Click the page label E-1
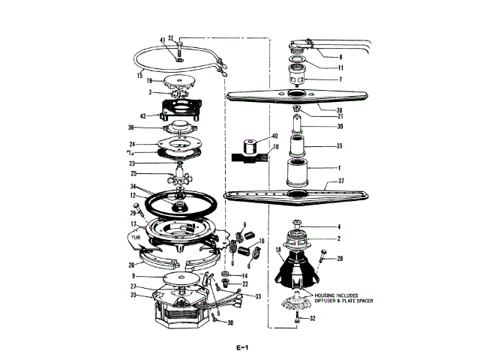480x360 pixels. click(240, 346)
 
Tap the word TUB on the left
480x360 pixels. click(135, 236)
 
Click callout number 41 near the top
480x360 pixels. click(162, 39)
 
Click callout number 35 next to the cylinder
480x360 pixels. click(338, 147)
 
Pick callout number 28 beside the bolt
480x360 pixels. click(339, 259)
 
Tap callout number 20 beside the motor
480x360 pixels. click(133, 295)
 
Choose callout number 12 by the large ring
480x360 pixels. click(132, 196)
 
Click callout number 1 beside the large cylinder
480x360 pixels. click(338, 168)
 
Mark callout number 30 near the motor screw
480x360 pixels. click(231, 323)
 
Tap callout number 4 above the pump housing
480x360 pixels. click(338, 226)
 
